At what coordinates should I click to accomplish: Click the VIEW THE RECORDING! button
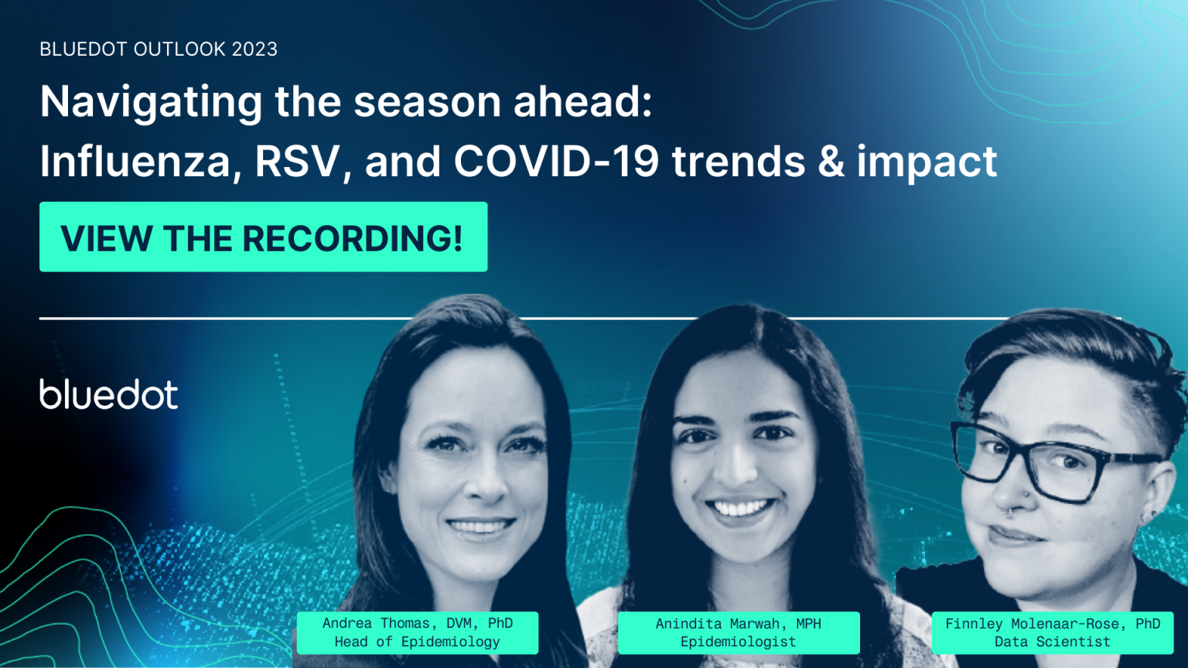click(263, 237)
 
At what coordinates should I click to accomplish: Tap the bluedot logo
click(109, 394)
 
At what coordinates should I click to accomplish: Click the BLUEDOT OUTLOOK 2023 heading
click(159, 49)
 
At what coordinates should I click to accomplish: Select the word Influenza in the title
click(135, 162)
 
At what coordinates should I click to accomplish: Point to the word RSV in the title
click(298, 162)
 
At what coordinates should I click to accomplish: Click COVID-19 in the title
click(556, 162)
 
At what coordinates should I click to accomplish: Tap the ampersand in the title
click(831, 162)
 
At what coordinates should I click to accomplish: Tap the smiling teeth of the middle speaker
click(741, 508)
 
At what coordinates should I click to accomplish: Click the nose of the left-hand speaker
click(481, 486)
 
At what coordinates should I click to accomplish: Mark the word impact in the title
click(927, 162)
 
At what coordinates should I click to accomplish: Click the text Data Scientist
click(1052, 642)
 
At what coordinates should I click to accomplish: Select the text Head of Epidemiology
click(417, 642)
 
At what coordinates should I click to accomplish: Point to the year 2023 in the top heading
click(254, 49)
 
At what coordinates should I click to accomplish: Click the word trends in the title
click(739, 162)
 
